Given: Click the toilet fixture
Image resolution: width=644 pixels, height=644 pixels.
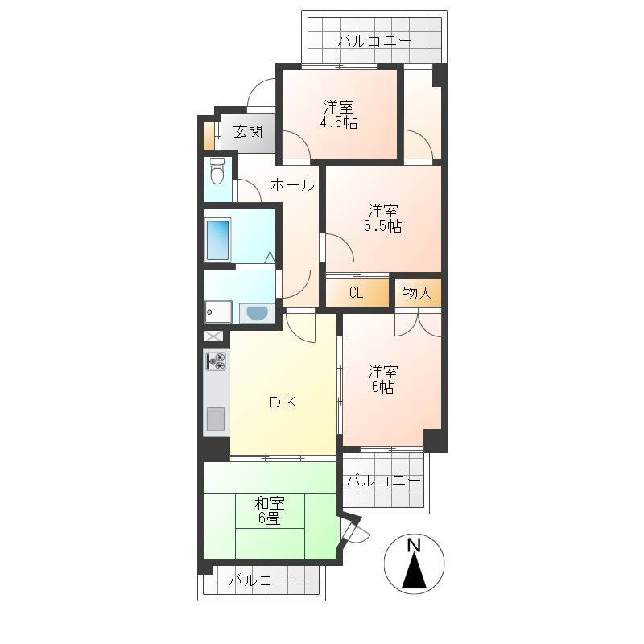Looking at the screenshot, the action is (x=217, y=171).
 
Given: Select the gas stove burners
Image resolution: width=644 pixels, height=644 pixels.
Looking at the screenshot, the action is (x=217, y=361).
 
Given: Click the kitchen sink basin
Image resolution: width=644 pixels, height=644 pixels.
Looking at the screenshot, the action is (x=216, y=419).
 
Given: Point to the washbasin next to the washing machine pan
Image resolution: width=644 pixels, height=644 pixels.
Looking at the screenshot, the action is (x=257, y=314).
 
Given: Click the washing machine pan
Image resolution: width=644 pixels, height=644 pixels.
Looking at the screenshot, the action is (x=218, y=312).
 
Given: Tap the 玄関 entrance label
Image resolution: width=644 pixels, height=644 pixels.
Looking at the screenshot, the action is (x=248, y=132).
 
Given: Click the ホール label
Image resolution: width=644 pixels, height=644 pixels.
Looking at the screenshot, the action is (x=292, y=185).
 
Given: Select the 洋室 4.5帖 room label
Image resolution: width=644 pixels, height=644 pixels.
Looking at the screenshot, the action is (x=339, y=114).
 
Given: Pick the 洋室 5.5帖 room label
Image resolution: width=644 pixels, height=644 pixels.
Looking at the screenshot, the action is (x=383, y=218).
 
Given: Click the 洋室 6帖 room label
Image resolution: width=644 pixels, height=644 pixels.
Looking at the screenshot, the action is (x=383, y=379).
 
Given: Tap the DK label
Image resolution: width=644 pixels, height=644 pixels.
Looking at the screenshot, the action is (x=283, y=402).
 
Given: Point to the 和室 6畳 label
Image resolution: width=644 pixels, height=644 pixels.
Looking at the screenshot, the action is (x=270, y=510).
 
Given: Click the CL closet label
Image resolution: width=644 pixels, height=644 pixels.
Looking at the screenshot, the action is (x=356, y=293).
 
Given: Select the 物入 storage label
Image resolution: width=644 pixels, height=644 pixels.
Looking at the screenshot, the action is (x=417, y=293).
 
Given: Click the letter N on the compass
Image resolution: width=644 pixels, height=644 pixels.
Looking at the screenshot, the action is (x=414, y=546).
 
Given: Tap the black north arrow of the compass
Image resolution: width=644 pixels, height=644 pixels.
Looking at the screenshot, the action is (x=414, y=571).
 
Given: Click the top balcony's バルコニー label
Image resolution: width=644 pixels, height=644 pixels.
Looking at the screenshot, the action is (x=374, y=41).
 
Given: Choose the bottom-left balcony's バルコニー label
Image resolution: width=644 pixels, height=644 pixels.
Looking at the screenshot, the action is (x=266, y=580).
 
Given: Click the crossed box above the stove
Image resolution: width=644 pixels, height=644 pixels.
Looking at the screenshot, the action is (x=213, y=336).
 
